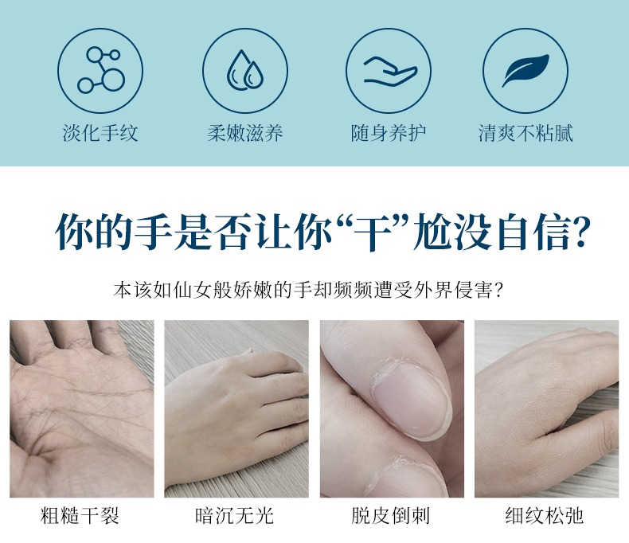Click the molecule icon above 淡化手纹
100,70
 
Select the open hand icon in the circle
390,71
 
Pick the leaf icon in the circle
525,70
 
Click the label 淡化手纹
100,133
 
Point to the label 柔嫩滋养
245,133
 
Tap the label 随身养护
389,133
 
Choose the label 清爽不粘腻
525,133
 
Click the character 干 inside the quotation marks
374,232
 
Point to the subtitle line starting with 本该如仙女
308,290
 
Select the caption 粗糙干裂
80,515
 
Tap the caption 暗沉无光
235,515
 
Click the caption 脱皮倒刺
390,515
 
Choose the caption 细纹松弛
545,515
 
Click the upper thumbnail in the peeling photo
411,399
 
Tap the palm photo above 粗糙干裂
82,408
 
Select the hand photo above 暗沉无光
236,408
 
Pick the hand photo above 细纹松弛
547,408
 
